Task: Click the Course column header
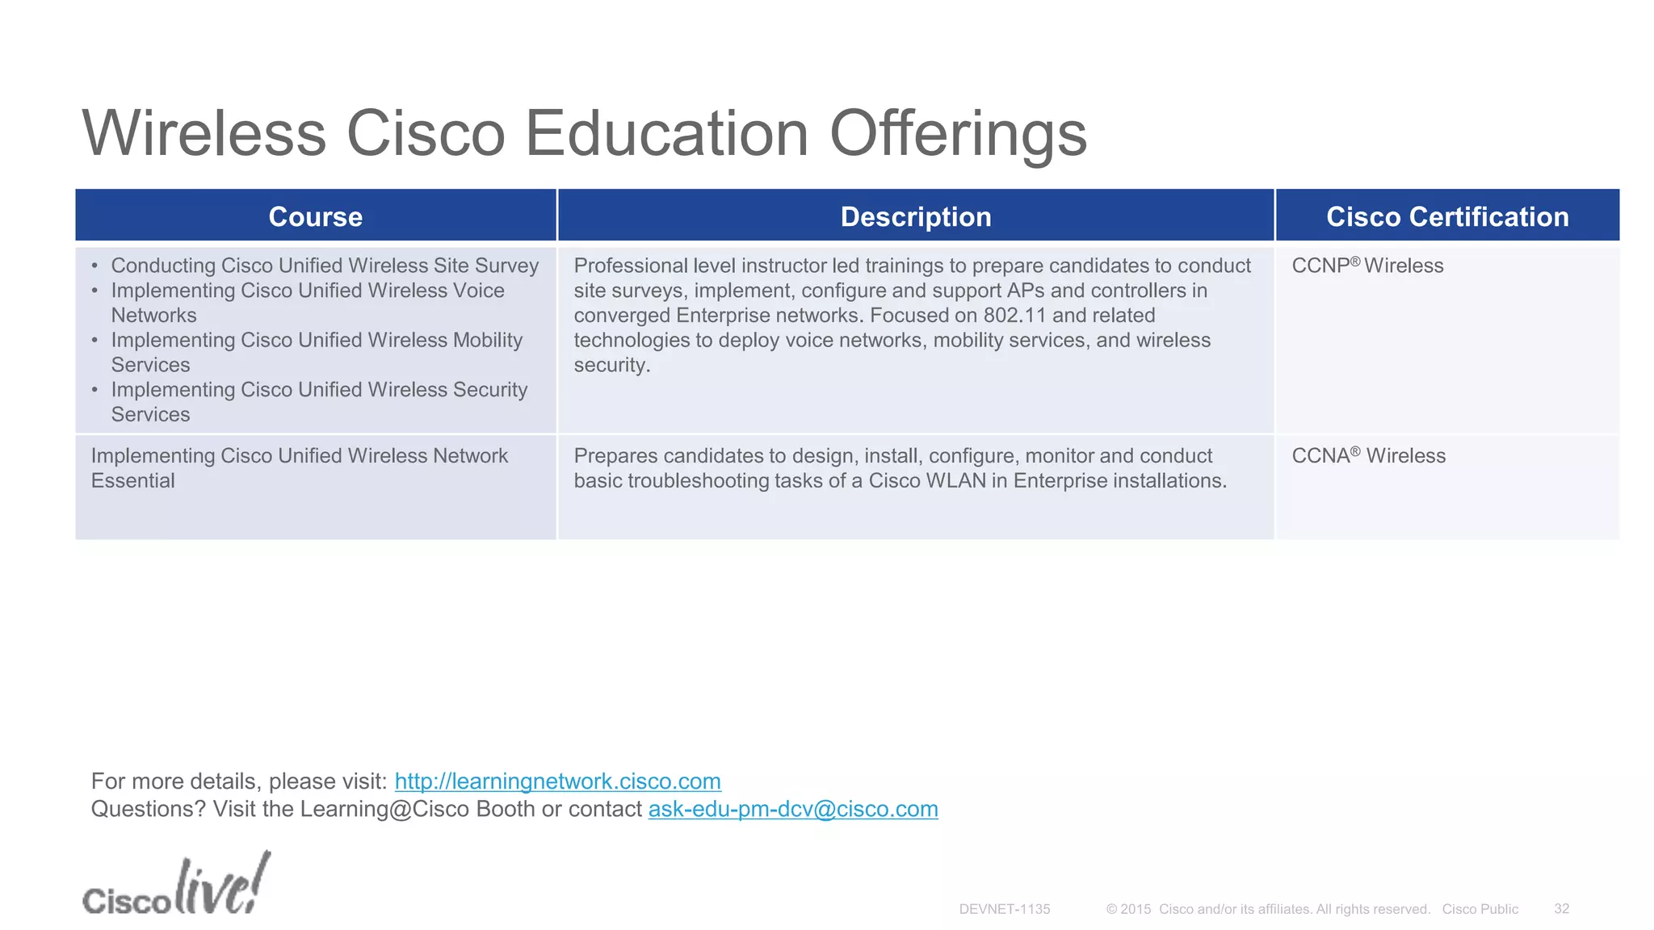(315, 216)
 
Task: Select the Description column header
(915, 216)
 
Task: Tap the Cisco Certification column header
(1447, 216)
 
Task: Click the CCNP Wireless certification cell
(1367, 266)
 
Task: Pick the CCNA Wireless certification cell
(1368, 456)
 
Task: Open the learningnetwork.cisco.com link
(557, 781)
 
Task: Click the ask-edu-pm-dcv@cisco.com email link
(793, 809)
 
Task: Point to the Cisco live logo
(176, 886)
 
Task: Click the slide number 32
(1561, 909)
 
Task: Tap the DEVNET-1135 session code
(1004, 909)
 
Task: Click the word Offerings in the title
(958, 134)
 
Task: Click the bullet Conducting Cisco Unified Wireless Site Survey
(325, 266)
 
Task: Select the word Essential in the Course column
(132, 481)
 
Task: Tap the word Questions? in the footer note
(148, 809)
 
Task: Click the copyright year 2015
(1136, 909)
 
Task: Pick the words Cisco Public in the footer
(1480, 909)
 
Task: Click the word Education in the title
(667, 134)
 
